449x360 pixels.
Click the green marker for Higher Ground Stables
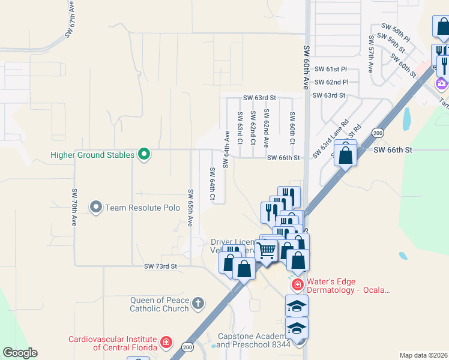[x=143, y=155]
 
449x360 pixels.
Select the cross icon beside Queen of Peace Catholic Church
[x=199, y=302]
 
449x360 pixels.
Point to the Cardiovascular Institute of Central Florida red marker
[x=166, y=343]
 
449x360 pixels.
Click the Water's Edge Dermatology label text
[x=348, y=286]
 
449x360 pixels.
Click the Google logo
[x=20, y=353]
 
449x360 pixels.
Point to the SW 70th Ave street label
[x=74, y=207]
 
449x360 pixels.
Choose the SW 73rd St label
[x=161, y=266]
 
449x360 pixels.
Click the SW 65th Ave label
[x=190, y=208]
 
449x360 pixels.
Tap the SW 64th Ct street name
[x=212, y=184]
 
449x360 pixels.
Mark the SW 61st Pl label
[x=331, y=69]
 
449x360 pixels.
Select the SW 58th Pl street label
[x=397, y=28]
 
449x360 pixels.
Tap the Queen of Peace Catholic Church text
[x=159, y=304]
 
